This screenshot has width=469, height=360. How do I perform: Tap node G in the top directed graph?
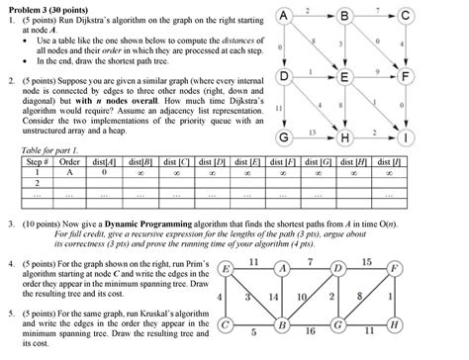click(x=284, y=135)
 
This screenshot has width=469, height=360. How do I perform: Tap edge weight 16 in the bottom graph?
click(x=310, y=334)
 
